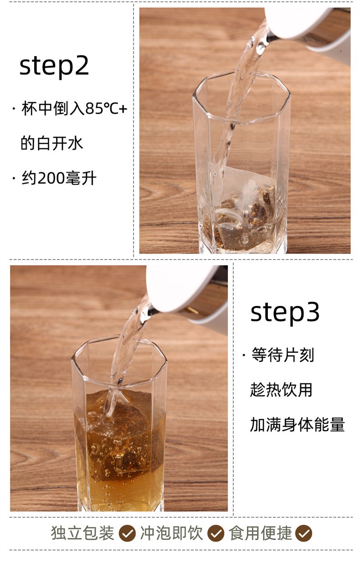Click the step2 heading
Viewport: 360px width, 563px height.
pyautogui.click(x=54, y=66)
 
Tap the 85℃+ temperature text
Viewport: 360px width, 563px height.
pyautogui.click(x=106, y=108)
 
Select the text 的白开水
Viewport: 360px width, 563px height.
pyautogui.click(x=52, y=143)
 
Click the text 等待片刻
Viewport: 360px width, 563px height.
pyautogui.click(x=283, y=355)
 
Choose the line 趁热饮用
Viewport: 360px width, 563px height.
pyautogui.click(x=281, y=390)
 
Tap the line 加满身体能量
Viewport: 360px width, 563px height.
pyautogui.click(x=297, y=424)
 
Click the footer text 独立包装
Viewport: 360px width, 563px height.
pyautogui.click(x=82, y=532)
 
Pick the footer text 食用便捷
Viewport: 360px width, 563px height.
pyautogui.click(x=260, y=532)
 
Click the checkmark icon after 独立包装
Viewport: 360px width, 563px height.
pyautogui.click(x=127, y=533)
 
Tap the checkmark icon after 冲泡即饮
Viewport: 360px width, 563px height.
pyautogui.click(x=216, y=533)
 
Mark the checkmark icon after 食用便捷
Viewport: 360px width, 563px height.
pyautogui.click(x=304, y=533)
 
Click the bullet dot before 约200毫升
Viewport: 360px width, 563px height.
pyautogui.click(x=14, y=178)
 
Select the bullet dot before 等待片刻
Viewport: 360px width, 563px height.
pyautogui.click(x=244, y=355)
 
